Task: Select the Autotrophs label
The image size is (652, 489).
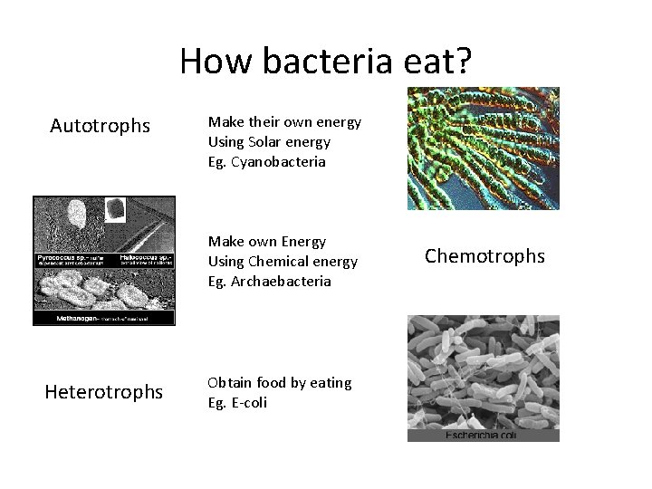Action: tap(101, 126)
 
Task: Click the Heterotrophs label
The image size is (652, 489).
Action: tap(105, 391)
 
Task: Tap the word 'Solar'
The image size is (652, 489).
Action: tap(265, 141)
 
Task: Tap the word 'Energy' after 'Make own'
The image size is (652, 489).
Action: tap(302, 241)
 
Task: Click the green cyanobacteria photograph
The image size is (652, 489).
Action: tap(483, 149)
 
